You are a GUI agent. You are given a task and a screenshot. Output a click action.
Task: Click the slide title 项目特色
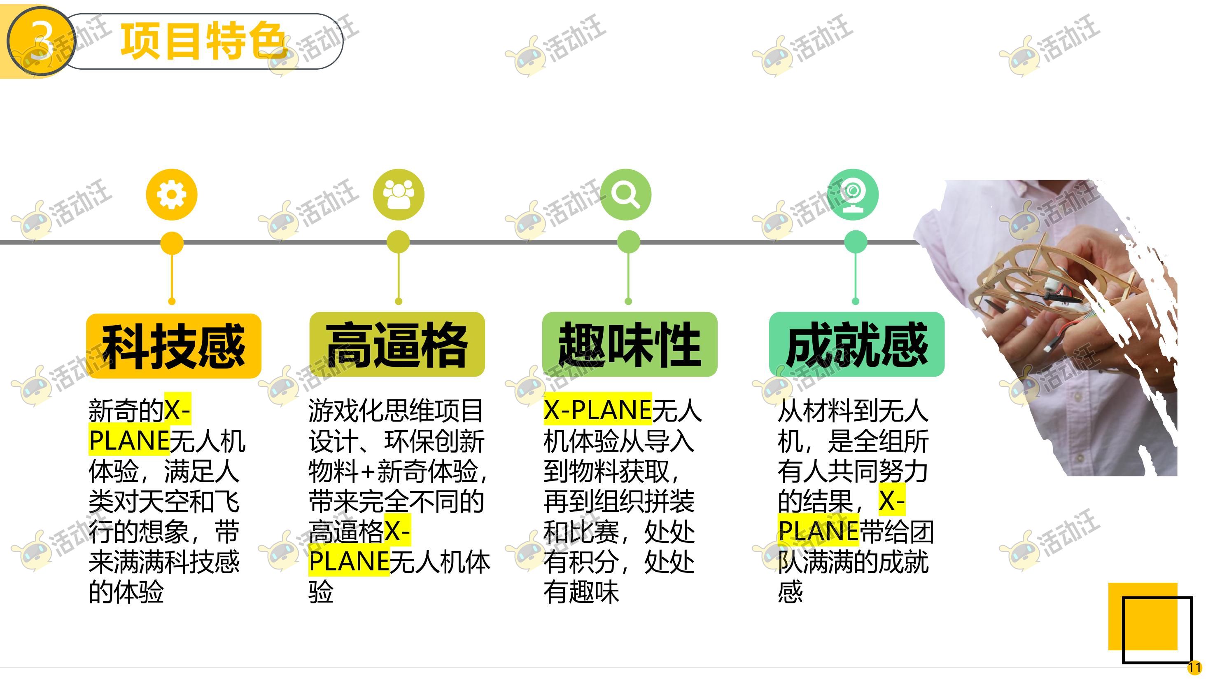203,41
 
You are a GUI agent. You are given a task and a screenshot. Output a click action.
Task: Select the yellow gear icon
172,194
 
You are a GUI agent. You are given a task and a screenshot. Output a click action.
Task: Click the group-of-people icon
399,194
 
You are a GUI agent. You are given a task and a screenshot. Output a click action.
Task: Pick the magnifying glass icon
625,194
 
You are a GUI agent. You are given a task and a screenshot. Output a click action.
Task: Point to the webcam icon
853,194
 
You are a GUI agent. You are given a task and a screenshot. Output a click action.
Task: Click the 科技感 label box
173,346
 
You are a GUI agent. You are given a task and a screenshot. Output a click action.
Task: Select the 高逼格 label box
397,345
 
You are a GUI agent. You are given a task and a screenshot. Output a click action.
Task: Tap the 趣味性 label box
630,345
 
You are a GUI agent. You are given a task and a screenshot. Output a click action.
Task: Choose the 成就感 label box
857,345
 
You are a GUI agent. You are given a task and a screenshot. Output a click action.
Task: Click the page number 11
1194,667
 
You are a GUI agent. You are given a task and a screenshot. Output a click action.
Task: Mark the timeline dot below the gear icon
172,243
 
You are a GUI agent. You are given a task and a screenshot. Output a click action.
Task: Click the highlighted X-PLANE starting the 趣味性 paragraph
597,410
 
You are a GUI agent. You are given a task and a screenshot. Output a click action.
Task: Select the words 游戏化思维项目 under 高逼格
395,410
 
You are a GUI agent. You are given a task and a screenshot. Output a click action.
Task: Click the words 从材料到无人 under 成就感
853,410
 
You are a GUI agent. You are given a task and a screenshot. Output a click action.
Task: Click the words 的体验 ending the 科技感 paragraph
126,592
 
